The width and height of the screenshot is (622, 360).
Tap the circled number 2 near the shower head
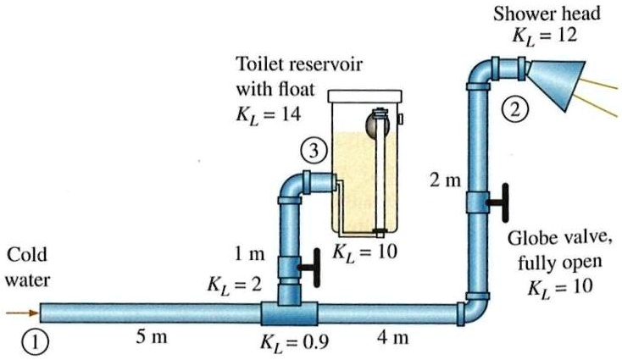coord(514,108)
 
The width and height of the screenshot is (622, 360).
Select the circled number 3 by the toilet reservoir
coord(313,152)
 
